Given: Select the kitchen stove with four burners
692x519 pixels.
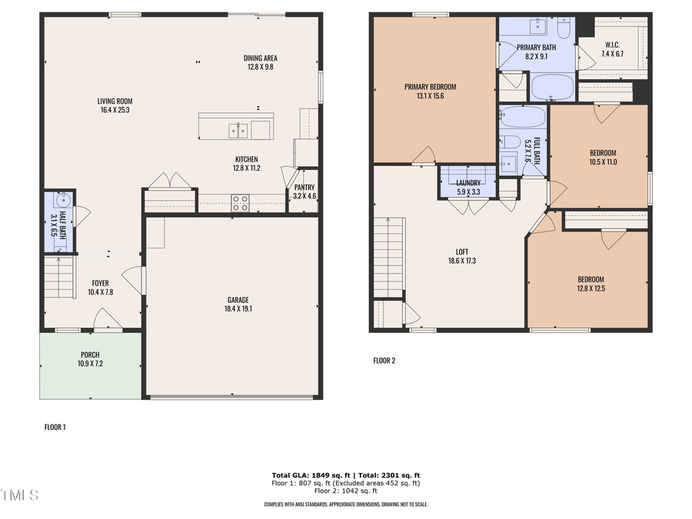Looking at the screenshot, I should pyautogui.click(x=241, y=202).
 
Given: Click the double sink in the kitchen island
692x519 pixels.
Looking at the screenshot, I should pyautogui.click(x=238, y=130).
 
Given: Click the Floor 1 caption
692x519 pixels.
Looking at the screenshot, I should pyautogui.click(x=54, y=427).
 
